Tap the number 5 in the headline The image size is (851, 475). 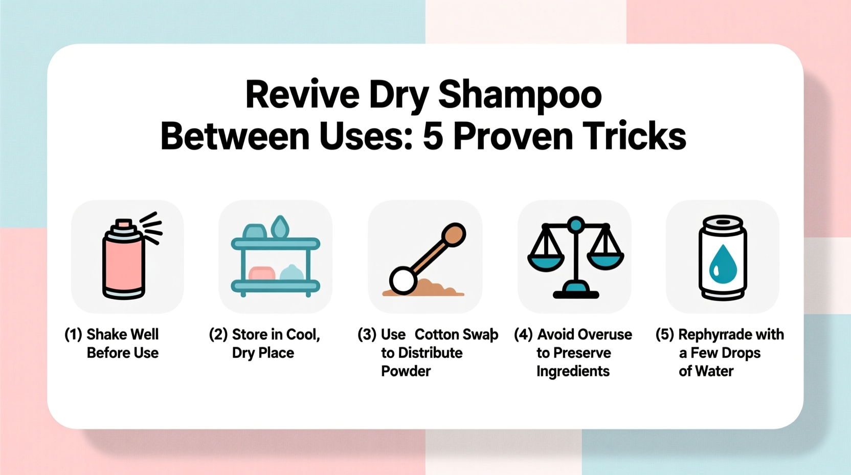click(433, 136)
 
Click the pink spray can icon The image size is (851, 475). click(123, 261)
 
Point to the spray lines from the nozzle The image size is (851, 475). click(151, 226)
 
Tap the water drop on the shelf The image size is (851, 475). click(280, 227)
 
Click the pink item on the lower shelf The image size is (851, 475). click(261, 274)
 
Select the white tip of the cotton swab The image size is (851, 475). click(403, 280)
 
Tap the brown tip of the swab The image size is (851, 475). click(453, 235)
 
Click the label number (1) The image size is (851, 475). click(73, 335)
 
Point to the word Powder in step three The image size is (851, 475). click(406, 371)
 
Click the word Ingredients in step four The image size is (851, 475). click(573, 371)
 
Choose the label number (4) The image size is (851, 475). click(523, 335)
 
